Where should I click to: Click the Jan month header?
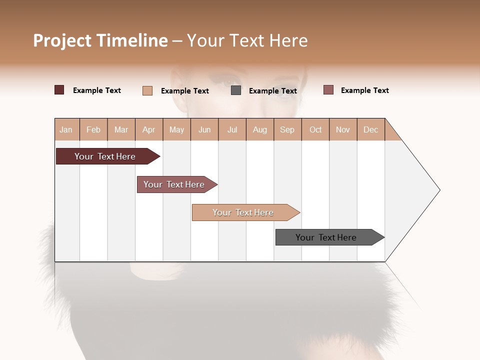pyautogui.click(x=66, y=129)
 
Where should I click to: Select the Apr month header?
pyautogui.click(x=148, y=129)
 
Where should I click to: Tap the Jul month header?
pyautogui.click(x=232, y=129)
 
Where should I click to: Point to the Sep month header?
pyautogui.click(x=287, y=129)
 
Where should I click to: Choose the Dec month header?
pyautogui.click(x=370, y=129)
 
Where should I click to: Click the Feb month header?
pyautogui.click(x=93, y=129)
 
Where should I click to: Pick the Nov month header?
pyautogui.click(x=342, y=129)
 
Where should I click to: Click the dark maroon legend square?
pyautogui.click(x=59, y=90)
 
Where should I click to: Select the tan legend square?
pyautogui.click(x=147, y=90)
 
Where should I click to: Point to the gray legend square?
pyautogui.click(x=236, y=90)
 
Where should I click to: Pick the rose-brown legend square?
pyautogui.click(x=328, y=90)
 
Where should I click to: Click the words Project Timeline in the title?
pyautogui.click(x=100, y=40)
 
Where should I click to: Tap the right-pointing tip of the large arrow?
pyautogui.click(x=437, y=189)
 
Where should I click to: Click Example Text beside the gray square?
pyautogui.click(x=272, y=91)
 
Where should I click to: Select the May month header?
pyautogui.click(x=176, y=129)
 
